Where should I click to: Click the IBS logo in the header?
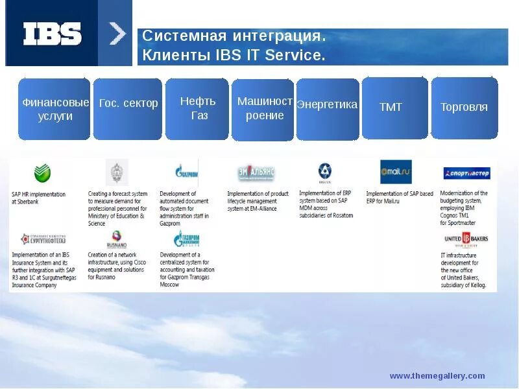pos(53,34)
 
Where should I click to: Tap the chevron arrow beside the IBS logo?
pos(117,34)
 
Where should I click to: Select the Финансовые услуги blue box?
pos(54,109)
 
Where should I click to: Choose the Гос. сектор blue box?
pos(128,109)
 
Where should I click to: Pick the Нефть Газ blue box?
pos(197,109)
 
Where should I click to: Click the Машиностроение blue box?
pos(263,110)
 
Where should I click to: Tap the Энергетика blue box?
pos(328,109)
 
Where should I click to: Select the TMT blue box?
pos(394,108)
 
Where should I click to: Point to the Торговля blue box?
pos(464,108)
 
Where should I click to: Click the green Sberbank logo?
pos(43,173)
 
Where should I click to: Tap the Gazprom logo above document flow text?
pos(186,172)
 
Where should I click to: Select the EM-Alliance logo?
pos(256,174)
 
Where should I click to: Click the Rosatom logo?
pos(325,172)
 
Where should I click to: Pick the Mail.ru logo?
pos(396,172)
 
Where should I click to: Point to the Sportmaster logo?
pos(466,173)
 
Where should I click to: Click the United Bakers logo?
pos(466,240)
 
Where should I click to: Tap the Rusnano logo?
pos(117,239)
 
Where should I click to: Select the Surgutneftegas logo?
pos(43,239)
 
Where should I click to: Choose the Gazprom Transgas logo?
pos(187,239)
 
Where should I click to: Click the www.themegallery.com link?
pos(437,376)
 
